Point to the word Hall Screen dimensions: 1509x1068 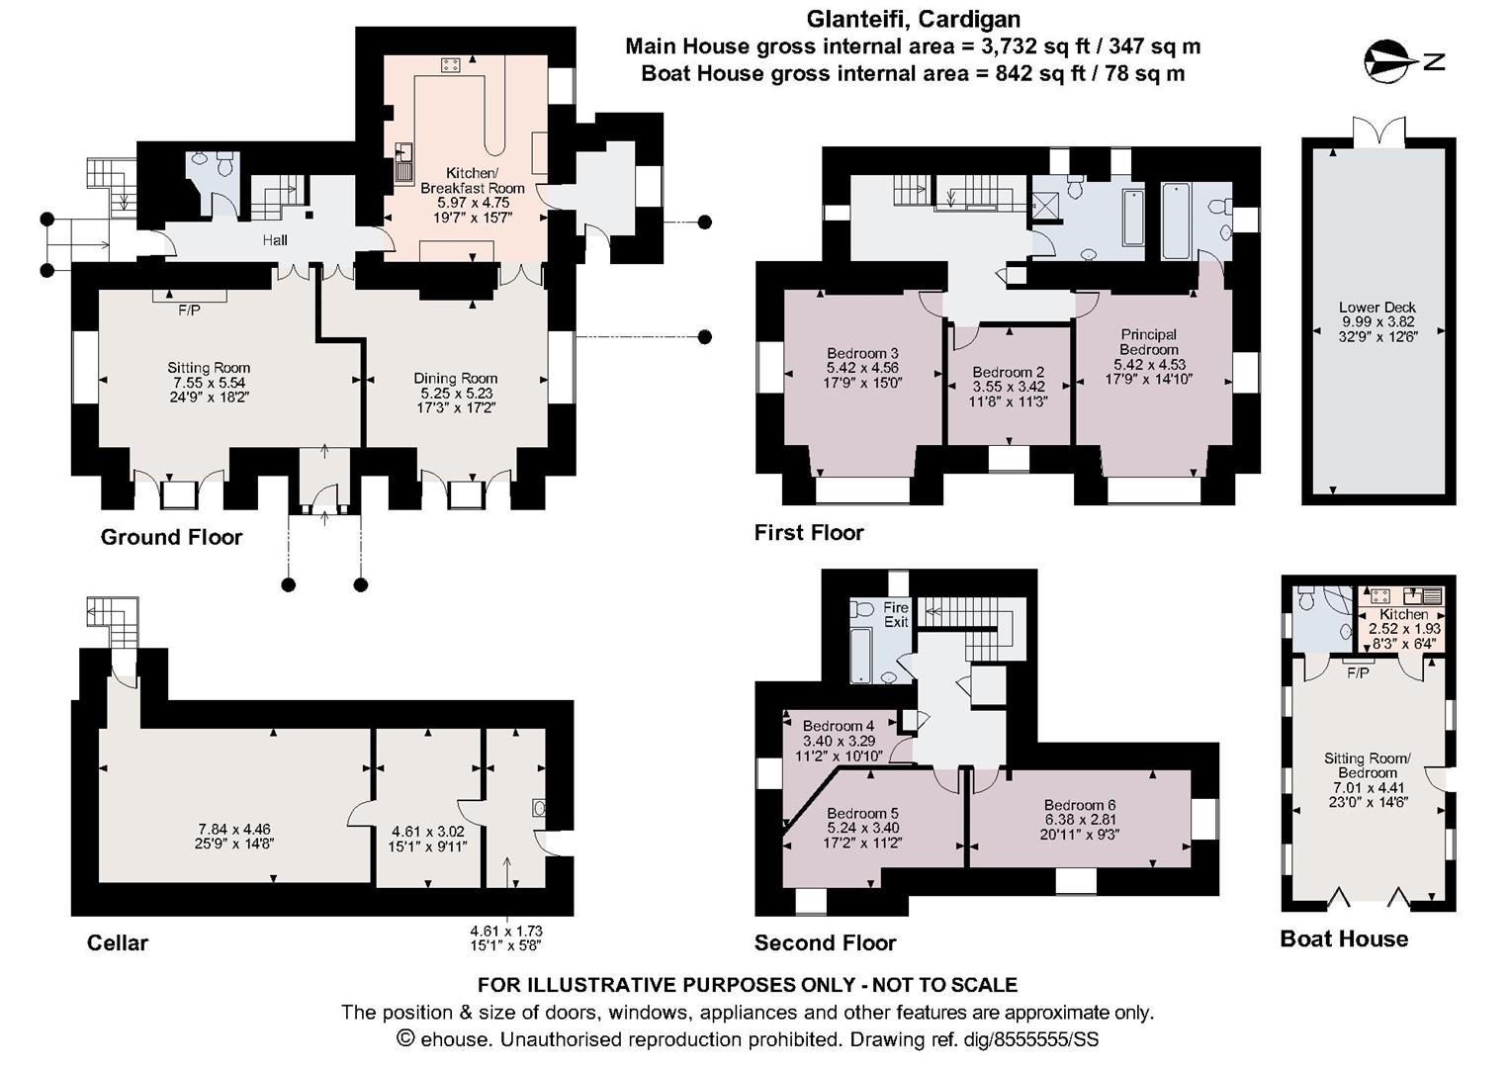tap(275, 240)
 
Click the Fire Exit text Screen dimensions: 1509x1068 tap(896, 614)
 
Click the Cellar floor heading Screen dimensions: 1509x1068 tap(118, 942)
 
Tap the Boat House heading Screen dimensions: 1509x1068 tap(1344, 939)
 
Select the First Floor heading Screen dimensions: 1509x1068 tap(809, 533)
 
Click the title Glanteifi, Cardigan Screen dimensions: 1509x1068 tap(914, 19)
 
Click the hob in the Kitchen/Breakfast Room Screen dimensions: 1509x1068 tap(451, 64)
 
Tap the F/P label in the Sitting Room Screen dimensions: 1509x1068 tap(189, 311)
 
